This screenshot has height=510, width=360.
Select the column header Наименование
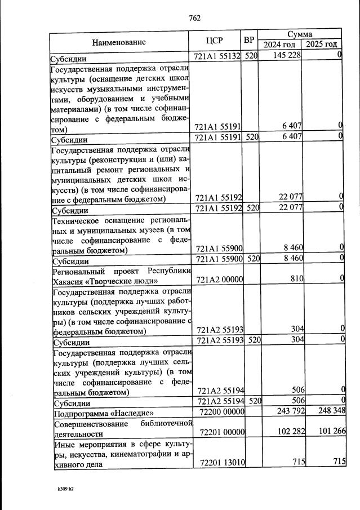(119, 42)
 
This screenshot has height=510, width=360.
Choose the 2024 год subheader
(280, 45)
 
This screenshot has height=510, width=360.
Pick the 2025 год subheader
(322, 45)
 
